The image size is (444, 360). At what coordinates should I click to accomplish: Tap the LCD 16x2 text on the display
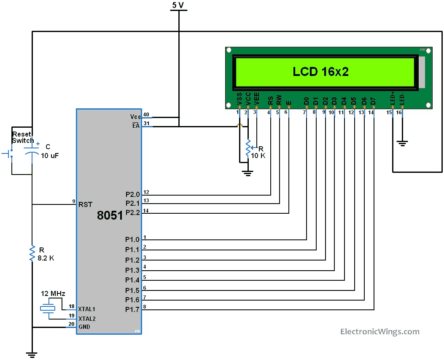320,72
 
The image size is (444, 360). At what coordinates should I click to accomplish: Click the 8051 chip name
110,215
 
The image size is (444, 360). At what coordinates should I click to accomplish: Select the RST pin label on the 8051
85,204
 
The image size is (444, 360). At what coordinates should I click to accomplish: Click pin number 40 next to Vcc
146,114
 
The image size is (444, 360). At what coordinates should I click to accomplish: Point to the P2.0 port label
132,195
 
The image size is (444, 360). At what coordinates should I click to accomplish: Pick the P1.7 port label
132,310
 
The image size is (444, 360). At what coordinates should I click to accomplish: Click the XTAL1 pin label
87,309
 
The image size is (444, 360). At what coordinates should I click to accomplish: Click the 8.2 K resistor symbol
32,253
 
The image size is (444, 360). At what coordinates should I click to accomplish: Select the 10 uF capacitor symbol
32,151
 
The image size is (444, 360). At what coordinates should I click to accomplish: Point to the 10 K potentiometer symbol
248,148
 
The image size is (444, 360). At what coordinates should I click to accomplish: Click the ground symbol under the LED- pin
402,143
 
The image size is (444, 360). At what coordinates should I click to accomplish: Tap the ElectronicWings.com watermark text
379,332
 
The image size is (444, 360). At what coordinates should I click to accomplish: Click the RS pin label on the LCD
270,100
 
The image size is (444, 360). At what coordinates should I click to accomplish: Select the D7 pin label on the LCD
373,101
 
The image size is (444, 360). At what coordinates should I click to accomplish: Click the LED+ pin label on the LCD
393,98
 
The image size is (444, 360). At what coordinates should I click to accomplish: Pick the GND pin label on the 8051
84,327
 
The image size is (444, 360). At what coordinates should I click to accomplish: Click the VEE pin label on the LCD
256,99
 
